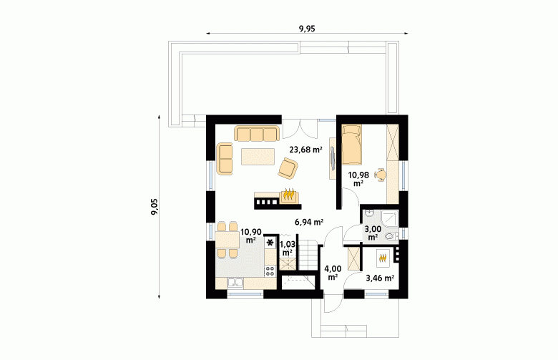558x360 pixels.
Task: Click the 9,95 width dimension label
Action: point(307,29)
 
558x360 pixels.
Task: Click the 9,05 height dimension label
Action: point(155,207)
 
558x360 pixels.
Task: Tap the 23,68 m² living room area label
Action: point(305,150)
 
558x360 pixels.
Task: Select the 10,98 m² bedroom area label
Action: point(358,179)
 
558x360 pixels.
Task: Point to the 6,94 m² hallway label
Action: point(309,222)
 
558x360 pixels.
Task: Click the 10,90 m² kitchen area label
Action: point(251,235)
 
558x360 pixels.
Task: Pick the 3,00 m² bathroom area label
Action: point(373,233)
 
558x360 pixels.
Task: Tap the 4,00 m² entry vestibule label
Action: point(333,273)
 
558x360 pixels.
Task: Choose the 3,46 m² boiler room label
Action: point(380,278)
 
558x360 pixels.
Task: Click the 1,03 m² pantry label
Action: point(287,248)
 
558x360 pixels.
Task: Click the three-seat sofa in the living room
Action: point(256,134)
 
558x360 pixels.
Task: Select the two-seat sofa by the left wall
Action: point(225,159)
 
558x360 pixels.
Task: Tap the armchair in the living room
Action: point(288,168)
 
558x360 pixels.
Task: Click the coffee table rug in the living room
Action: point(258,157)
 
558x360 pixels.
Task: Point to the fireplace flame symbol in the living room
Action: point(288,195)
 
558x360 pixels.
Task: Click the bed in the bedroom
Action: point(351,144)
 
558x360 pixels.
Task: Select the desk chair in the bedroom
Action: point(381,175)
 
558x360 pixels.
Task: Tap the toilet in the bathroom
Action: point(391,236)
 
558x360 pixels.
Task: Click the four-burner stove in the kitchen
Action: point(270,271)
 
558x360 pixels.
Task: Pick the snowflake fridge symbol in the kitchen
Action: point(270,243)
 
